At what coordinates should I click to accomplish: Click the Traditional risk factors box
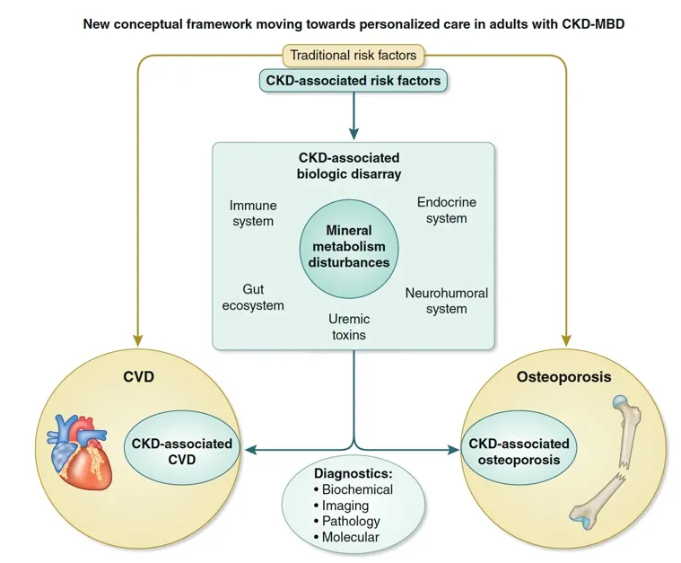point(354,56)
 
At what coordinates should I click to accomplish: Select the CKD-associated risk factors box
point(354,81)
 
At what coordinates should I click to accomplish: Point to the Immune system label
point(251,213)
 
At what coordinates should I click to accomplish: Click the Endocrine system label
point(441,210)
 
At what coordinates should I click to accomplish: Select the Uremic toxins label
point(348,327)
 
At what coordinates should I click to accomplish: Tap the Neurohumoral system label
point(446,300)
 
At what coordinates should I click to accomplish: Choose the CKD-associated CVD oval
point(182,451)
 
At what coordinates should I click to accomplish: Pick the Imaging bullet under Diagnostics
point(344,506)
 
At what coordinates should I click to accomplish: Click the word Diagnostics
point(352,472)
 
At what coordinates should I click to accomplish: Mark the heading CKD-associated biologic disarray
point(350,165)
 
